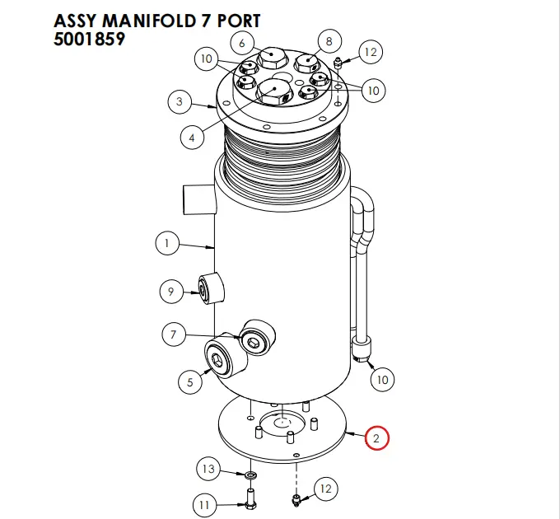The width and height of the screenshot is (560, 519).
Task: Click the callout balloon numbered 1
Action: pos(167,244)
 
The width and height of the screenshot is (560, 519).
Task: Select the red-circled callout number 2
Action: pos(376,438)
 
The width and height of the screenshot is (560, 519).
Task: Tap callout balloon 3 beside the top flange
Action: pos(179,103)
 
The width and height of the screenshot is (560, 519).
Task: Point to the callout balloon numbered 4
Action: pos(191,138)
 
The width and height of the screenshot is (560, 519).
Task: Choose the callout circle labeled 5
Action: pos(190,381)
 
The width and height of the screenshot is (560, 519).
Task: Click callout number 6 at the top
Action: pos(242,42)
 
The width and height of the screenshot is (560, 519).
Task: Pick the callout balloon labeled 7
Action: pos(173,334)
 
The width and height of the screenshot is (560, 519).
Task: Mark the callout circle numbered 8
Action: pos(329,41)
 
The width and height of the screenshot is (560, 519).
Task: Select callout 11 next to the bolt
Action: pos(206,503)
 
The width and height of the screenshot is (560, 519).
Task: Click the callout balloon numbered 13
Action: pos(208,470)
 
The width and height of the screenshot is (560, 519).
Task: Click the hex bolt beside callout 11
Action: pos(250,498)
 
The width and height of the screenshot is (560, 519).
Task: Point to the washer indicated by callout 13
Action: pos(250,475)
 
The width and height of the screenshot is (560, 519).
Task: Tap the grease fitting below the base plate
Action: pos(296,498)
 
